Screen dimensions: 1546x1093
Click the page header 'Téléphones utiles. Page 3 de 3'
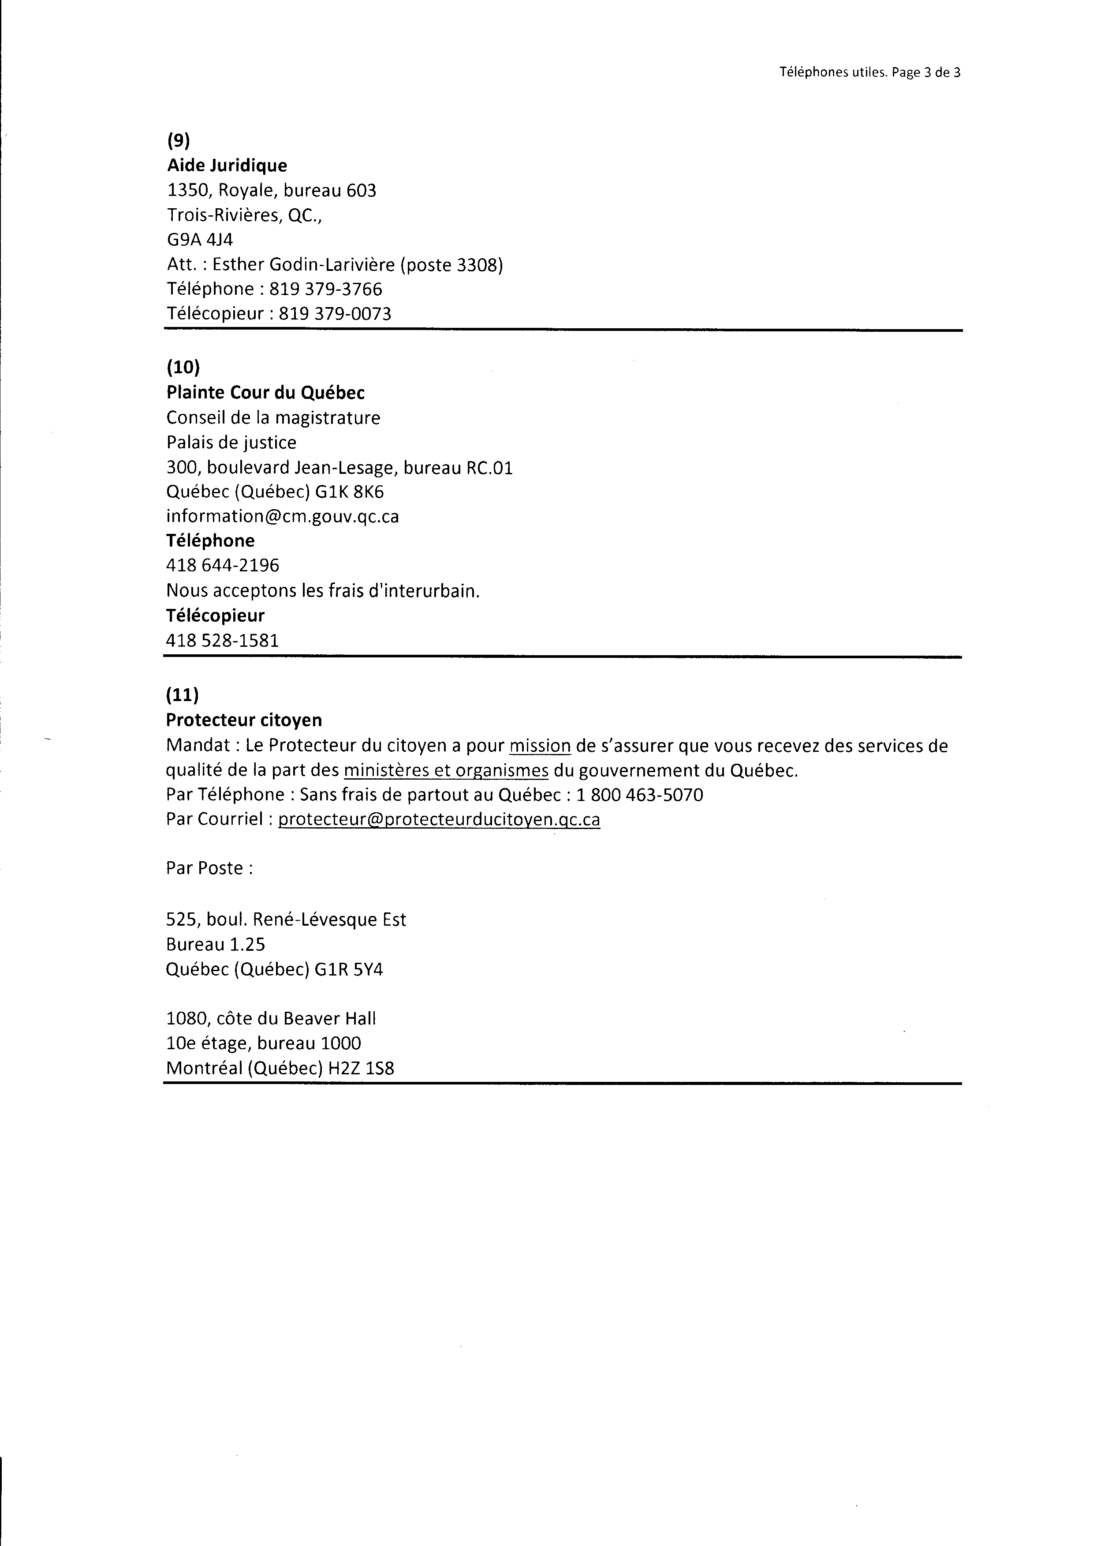coord(869,73)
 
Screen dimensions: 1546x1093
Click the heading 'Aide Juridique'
coord(227,165)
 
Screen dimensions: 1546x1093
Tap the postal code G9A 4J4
coord(200,240)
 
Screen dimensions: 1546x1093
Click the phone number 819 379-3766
coord(326,289)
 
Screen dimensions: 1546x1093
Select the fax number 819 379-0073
coord(335,314)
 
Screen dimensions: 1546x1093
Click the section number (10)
coord(183,367)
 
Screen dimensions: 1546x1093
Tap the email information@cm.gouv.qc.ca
coord(283,517)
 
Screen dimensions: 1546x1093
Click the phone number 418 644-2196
coord(223,566)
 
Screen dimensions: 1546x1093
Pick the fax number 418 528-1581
coord(222,640)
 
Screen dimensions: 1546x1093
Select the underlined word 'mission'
coord(540,746)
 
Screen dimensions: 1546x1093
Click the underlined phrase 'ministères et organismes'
coord(446,771)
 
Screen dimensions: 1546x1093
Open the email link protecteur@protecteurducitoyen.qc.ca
coord(439,819)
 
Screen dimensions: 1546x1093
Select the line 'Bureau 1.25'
coord(215,945)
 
